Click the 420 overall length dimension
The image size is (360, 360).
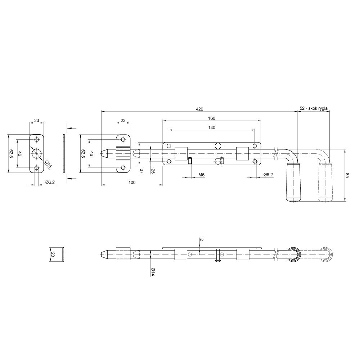pyautogui.click(x=199, y=109)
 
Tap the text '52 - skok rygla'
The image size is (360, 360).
pyautogui.click(x=314, y=108)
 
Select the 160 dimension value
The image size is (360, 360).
pyautogui.click(x=212, y=118)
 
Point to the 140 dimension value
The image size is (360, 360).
pyautogui.click(x=212, y=127)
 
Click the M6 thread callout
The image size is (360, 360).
pyautogui.click(x=201, y=175)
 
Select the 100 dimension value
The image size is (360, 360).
pyautogui.click(x=132, y=183)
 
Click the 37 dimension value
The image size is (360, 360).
pyautogui.click(x=141, y=171)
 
